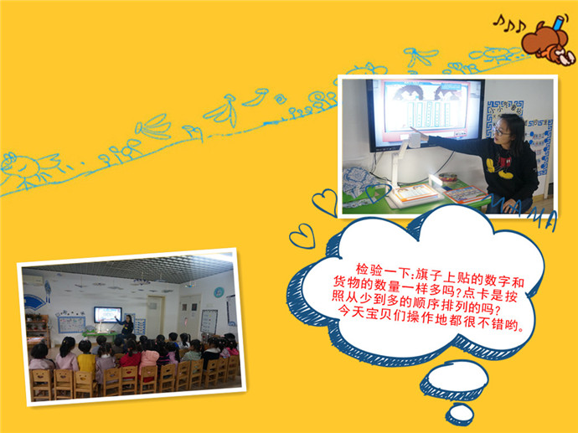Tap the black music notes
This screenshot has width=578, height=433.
point(510,24)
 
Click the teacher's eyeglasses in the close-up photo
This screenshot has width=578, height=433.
point(501,131)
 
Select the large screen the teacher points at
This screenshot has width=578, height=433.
point(425,114)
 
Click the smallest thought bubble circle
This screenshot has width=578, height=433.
point(460,415)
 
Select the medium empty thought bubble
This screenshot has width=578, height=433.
point(455,379)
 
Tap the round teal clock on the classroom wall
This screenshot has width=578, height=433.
point(219,292)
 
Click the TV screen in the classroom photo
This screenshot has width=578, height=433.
point(107,315)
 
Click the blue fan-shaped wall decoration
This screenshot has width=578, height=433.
point(35,303)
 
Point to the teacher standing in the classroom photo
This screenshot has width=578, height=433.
point(127,326)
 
